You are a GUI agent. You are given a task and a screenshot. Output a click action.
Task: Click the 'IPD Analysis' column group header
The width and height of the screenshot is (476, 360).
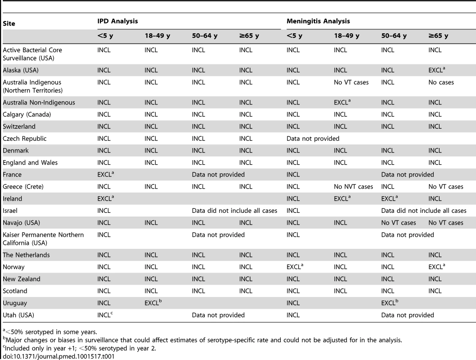(x=117, y=21)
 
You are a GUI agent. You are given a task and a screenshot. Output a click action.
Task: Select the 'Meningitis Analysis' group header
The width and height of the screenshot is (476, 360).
(x=318, y=21)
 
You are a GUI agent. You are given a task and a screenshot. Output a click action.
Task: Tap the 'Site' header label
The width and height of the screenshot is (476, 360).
(x=9, y=23)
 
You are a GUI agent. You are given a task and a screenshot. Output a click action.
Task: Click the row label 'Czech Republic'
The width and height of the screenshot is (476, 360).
(x=25, y=139)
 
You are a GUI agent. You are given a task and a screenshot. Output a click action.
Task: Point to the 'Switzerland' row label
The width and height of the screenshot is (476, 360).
(x=19, y=126)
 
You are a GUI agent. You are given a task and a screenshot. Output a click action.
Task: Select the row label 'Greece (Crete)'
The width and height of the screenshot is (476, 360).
(x=23, y=187)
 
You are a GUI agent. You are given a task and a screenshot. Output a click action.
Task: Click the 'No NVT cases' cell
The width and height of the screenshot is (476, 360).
(x=353, y=187)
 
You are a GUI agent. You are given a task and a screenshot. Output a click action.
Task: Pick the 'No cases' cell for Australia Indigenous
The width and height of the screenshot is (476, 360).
(x=441, y=82)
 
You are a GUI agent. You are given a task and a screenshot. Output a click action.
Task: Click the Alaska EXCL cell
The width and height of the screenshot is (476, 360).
(x=436, y=70)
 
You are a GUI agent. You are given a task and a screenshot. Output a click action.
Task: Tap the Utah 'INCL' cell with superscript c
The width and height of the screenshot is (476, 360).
(x=105, y=315)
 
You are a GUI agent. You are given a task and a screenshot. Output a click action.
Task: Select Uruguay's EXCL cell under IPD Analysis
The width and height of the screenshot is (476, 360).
(x=153, y=303)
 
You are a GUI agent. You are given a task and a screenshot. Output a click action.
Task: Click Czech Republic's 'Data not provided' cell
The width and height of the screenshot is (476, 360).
(x=313, y=139)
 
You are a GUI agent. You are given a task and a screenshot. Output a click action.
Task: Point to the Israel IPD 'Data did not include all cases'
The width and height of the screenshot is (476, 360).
(x=234, y=211)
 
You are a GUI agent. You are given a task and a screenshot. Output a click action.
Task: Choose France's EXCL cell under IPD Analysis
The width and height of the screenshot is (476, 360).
(x=106, y=174)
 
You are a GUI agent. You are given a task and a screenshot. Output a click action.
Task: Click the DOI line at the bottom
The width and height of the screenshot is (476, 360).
(x=58, y=356)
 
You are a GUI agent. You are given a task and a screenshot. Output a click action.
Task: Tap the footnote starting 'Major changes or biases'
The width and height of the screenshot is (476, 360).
(x=202, y=340)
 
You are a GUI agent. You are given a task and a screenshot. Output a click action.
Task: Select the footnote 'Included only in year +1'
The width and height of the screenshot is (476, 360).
(x=80, y=348)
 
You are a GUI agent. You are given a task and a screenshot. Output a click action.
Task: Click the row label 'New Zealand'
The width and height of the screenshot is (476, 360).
(x=22, y=279)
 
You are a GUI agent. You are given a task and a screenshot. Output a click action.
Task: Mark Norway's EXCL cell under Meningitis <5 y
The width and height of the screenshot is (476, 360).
(x=295, y=266)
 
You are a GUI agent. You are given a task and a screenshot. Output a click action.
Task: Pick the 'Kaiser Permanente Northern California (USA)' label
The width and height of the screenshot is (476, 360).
(x=43, y=239)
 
